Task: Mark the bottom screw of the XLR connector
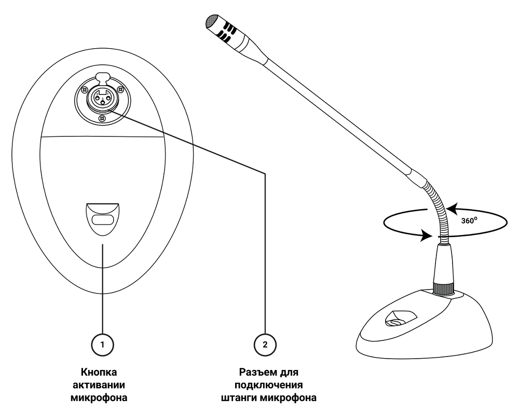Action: point(102,119)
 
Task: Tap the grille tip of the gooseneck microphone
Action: point(212,21)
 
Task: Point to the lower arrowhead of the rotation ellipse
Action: point(427,236)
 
